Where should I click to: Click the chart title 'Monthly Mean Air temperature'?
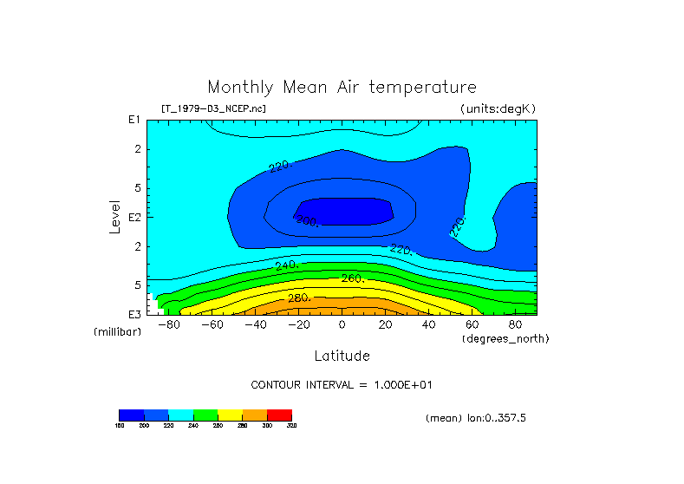342,88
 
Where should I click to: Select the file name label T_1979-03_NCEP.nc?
213,108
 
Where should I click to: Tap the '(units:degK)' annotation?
498,108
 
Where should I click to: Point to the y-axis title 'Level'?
115,215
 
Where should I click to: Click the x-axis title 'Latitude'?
342,356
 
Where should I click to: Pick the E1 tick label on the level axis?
134,120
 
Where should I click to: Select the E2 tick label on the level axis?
134,217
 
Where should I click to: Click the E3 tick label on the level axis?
134,314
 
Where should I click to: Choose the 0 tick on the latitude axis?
342,325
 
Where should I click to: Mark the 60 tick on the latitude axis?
472,325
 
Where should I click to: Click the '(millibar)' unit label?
117,332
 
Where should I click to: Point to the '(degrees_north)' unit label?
505,338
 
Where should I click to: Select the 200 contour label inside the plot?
307,221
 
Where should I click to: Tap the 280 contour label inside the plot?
299,298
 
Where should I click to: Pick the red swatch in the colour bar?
279,415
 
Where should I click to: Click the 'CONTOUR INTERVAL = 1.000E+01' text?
342,384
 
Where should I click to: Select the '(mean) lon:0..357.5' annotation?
476,417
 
